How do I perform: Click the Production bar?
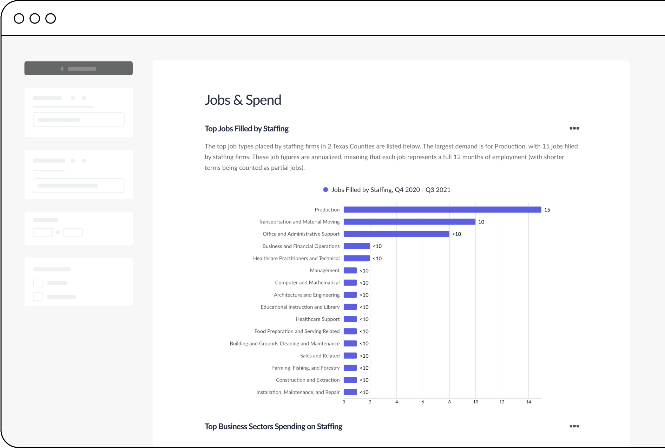(x=442, y=210)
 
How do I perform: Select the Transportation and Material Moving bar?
(x=409, y=222)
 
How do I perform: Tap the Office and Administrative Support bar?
(x=396, y=234)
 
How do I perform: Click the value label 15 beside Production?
(x=547, y=210)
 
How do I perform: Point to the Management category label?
(x=324, y=271)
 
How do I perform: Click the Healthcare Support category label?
(x=317, y=319)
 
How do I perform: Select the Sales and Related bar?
(x=350, y=356)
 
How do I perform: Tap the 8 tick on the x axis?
(x=449, y=402)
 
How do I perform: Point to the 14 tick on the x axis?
(x=528, y=402)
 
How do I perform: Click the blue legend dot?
(x=325, y=190)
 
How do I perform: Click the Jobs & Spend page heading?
(x=243, y=100)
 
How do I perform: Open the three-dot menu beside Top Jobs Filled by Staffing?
(x=574, y=128)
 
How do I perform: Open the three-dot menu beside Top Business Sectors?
(x=574, y=426)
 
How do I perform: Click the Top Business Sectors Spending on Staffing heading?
(x=273, y=427)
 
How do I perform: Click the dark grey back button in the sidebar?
(x=78, y=69)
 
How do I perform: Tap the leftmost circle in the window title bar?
(x=19, y=18)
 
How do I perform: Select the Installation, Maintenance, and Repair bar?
(x=350, y=392)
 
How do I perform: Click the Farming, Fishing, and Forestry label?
(x=305, y=368)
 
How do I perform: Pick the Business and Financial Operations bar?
(x=357, y=246)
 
